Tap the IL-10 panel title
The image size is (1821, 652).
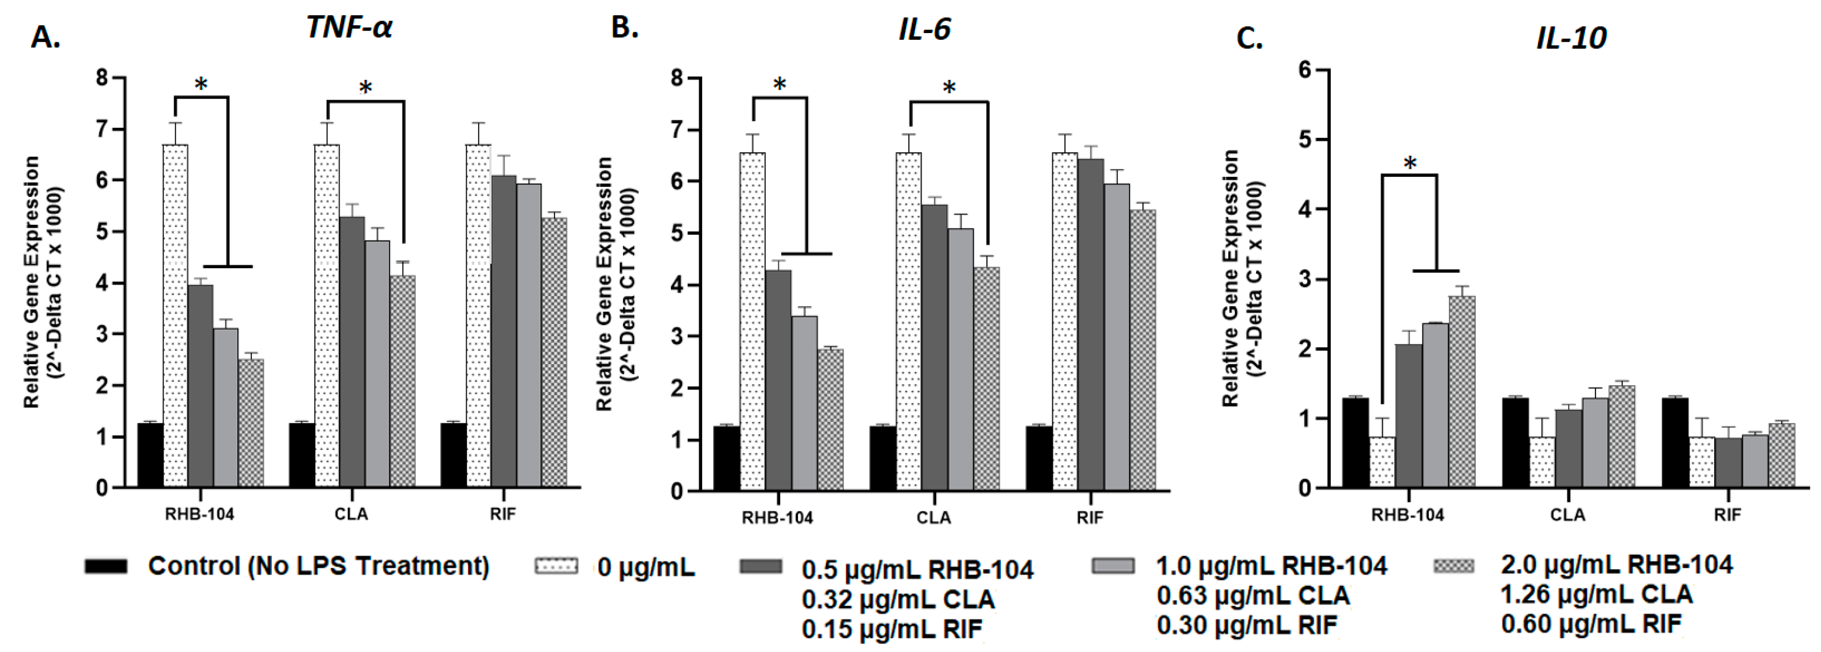(x=1571, y=37)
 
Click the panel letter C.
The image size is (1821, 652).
(x=1249, y=38)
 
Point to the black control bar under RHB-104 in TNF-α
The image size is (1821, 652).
(x=150, y=456)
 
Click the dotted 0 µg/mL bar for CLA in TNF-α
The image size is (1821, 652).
(x=327, y=318)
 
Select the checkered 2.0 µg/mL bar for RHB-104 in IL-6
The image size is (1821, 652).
(x=831, y=420)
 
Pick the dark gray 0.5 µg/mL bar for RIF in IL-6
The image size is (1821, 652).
(x=1091, y=325)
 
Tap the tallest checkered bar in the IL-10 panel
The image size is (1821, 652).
(x=1462, y=392)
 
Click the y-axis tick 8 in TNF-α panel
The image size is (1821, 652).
(x=103, y=77)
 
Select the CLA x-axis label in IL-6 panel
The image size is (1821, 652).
(x=933, y=518)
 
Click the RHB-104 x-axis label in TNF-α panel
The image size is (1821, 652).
(x=200, y=514)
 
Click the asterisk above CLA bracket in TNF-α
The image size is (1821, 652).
(x=365, y=88)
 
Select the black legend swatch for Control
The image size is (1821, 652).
(x=106, y=566)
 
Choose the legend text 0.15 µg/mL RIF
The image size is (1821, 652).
(x=892, y=629)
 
